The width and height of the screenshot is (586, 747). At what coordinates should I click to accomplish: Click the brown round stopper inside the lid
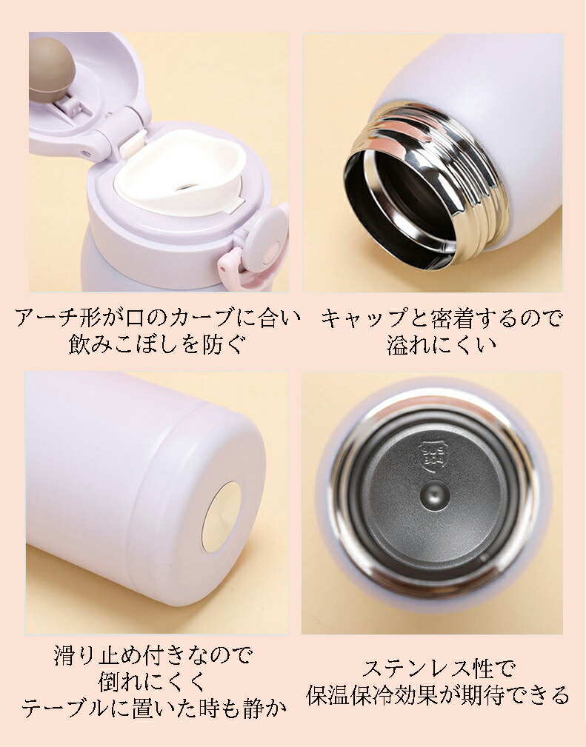click(x=52, y=69)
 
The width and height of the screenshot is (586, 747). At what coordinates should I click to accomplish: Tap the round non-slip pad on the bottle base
click(x=222, y=517)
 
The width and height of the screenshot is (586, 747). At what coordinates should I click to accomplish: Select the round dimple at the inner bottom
click(x=435, y=495)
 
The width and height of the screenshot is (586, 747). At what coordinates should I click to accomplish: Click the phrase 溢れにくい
click(x=442, y=345)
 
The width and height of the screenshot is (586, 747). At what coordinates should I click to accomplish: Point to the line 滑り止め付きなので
click(x=153, y=656)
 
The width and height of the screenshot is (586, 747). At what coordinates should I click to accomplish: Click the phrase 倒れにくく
click(x=152, y=682)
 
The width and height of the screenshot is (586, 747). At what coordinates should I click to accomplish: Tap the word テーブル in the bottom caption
click(x=66, y=709)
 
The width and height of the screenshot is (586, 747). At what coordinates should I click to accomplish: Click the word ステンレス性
click(x=427, y=669)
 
